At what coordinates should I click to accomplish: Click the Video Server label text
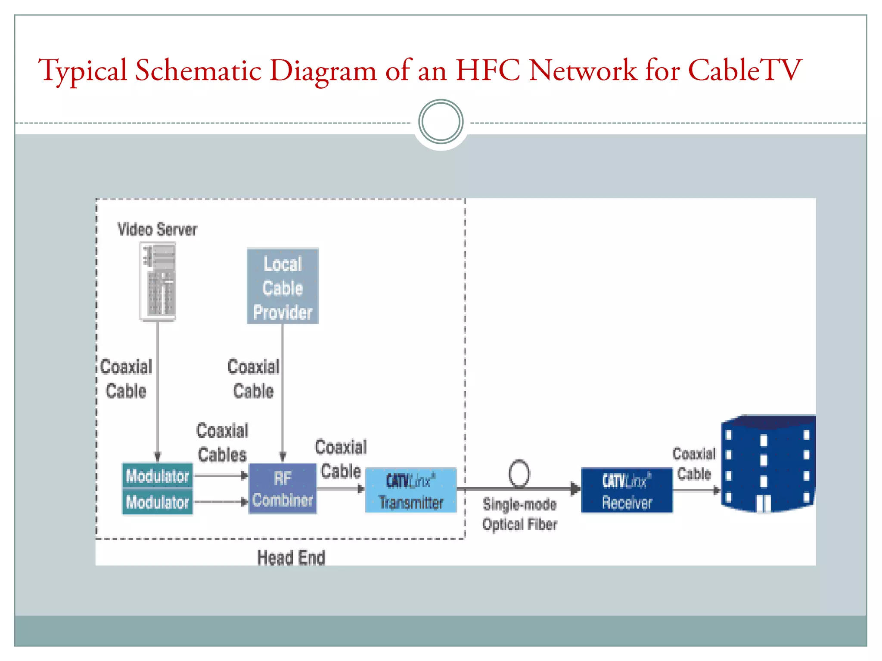pos(157,229)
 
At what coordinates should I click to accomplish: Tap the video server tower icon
pos(158,281)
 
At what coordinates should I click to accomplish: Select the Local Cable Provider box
pos(283,286)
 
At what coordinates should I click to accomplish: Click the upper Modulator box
pos(157,476)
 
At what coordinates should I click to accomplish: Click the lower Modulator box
pos(157,502)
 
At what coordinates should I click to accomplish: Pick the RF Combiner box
pos(283,489)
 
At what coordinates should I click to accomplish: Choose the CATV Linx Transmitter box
pos(411,491)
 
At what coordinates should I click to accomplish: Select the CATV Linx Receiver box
pos(627,491)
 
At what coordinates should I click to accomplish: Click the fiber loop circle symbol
pos(519,473)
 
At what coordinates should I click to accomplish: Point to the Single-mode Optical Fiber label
pos(520,514)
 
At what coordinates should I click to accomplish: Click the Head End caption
pos(291,558)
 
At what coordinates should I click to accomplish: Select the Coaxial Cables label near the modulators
pos(222,442)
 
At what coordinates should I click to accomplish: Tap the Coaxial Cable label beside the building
pos(694,464)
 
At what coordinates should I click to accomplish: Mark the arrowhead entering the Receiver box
pos(575,488)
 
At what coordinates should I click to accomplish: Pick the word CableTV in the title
pos(744,70)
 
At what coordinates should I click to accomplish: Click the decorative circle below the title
pos(441,122)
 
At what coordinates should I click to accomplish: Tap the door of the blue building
pos(764,503)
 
